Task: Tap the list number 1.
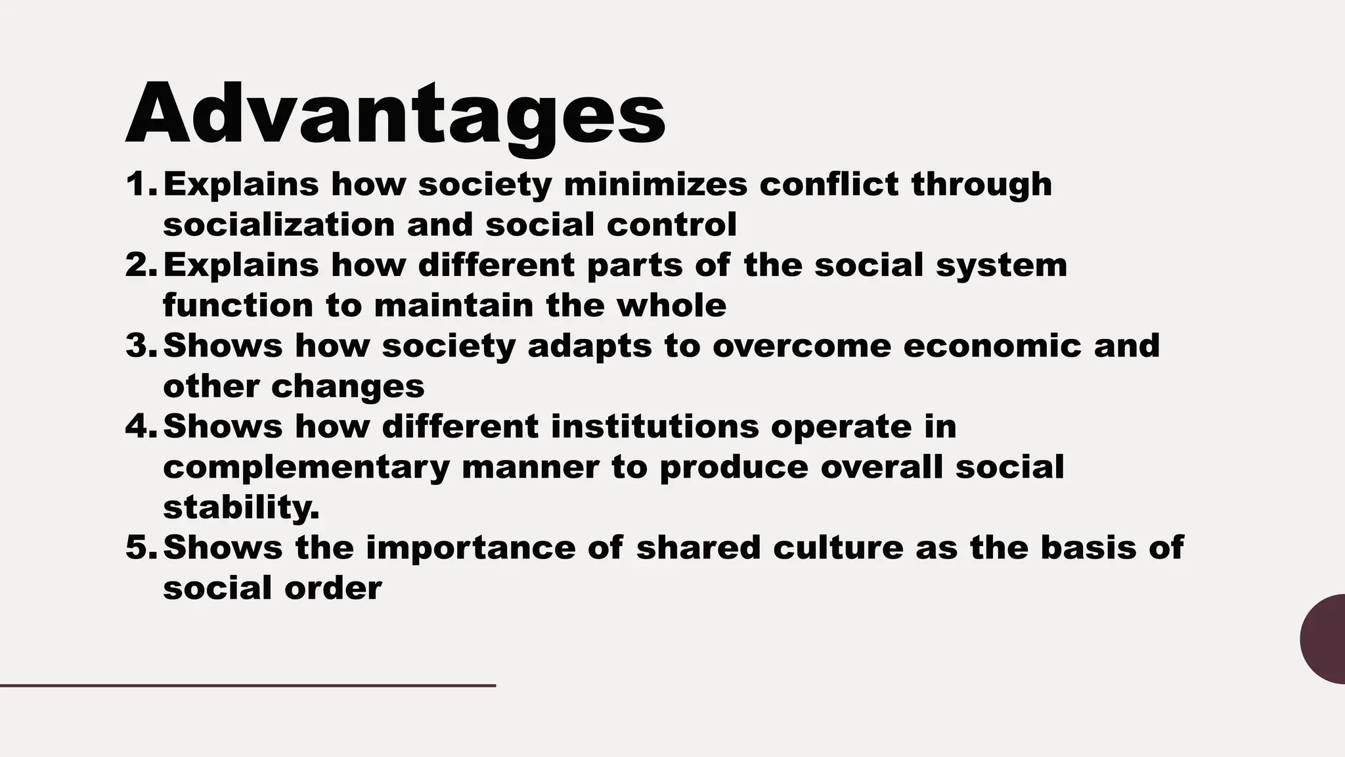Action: pos(139,184)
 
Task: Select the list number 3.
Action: pos(139,346)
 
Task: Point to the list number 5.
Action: pos(139,547)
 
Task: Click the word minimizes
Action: pos(655,184)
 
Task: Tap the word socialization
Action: pos(278,225)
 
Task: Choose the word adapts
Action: pos(590,346)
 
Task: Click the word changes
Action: pos(348,386)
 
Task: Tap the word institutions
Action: pos(655,426)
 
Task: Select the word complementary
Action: pos(306,467)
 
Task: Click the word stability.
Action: pos(241,507)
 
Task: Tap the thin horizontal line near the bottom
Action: pos(248,686)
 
